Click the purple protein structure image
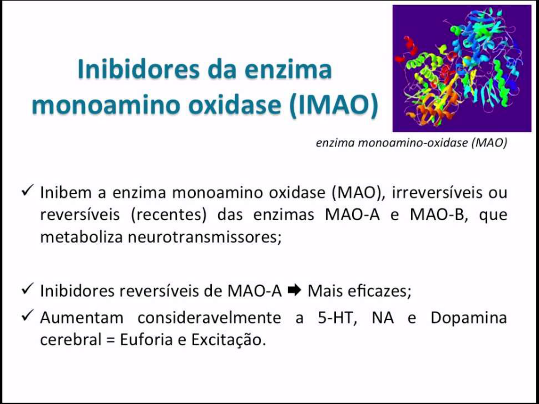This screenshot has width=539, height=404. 462,68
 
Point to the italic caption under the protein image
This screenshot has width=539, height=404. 411,143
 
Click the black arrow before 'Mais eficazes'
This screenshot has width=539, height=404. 295,290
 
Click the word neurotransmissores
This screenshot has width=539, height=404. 204,237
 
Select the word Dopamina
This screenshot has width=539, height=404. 469,318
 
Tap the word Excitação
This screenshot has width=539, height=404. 228,340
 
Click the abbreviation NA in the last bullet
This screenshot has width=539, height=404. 383,318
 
